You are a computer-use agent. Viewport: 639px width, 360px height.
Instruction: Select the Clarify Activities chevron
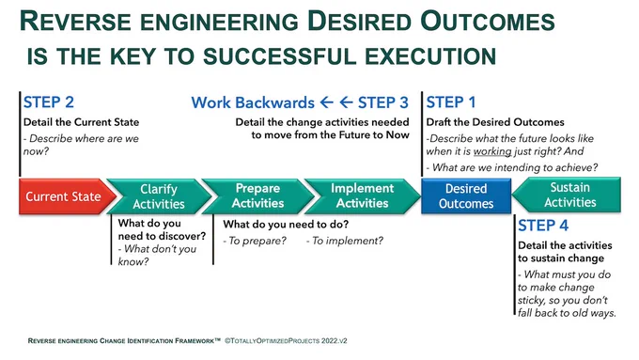[x=159, y=196]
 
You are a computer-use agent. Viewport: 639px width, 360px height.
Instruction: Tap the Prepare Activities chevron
[x=258, y=196]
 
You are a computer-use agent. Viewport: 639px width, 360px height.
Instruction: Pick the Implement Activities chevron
[x=363, y=196]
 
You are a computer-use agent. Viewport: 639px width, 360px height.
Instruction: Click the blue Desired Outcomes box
[x=466, y=196]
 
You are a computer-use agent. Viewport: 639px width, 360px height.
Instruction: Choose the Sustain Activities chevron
[x=567, y=195]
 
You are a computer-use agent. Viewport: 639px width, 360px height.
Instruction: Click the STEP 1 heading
[x=451, y=102]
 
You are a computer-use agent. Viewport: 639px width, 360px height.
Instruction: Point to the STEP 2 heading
[x=49, y=102]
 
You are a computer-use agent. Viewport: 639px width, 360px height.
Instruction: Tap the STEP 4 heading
[x=543, y=226]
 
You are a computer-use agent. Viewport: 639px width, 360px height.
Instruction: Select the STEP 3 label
[x=383, y=102]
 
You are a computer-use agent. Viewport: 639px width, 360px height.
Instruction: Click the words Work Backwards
[x=253, y=102]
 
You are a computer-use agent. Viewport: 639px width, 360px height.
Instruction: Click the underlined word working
[x=492, y=151]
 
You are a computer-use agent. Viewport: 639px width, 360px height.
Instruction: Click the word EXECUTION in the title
[x=430, y=55]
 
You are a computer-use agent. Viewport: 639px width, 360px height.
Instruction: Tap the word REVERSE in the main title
[x=75, y=22]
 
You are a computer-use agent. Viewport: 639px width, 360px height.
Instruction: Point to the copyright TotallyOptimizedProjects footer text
[x=286, y=341]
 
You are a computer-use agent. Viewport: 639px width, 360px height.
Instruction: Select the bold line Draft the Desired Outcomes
[x=495, y=122]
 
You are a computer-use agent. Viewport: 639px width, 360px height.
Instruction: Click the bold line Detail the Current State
[x=81, y=122]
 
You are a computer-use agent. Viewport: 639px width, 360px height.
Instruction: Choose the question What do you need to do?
[x=286, y=225]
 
